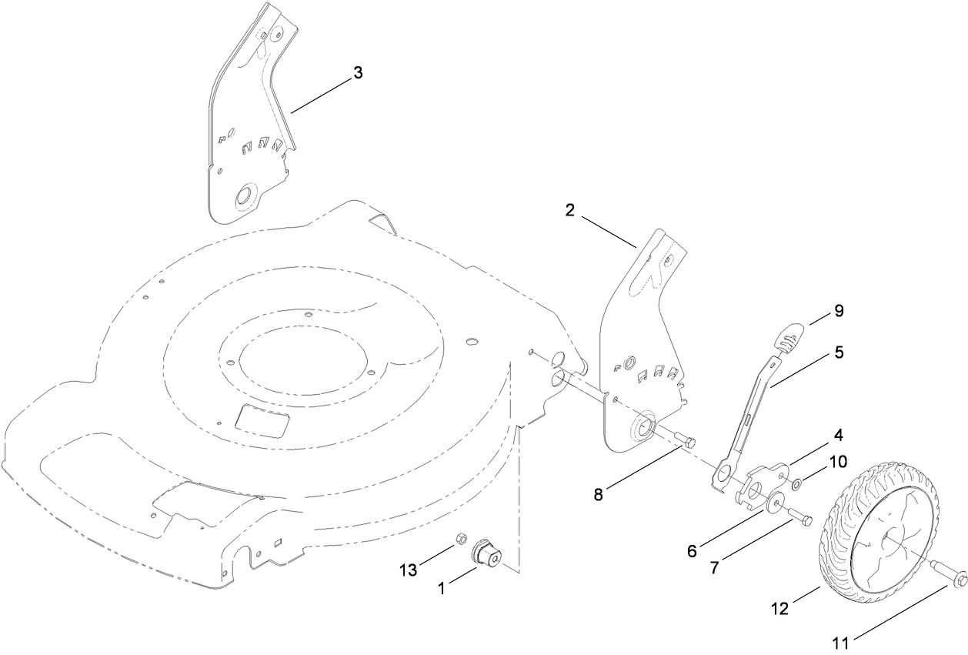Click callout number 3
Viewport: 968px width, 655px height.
click(357, 72)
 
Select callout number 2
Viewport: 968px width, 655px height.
click(570, 210)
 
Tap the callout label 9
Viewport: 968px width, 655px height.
click(839, 311)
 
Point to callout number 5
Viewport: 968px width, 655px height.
click(839, 353)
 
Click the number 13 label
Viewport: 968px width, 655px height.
click(408, 570)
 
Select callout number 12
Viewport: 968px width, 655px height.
click(779, 608)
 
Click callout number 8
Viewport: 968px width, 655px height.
click(599, 493)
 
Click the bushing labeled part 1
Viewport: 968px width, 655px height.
click(488, 553)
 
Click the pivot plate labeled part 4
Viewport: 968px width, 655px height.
click(762, 483)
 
